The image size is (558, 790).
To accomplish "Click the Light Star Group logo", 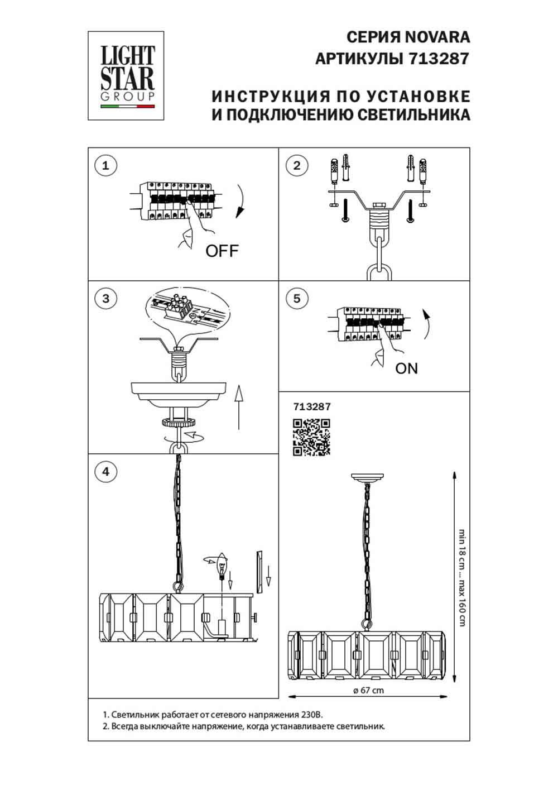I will (x=126, y=76).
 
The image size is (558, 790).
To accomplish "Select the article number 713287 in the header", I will (x=439, y=59).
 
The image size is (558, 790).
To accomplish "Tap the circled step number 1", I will (x=106, y=165).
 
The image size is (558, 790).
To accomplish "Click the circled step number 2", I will (x=296, y=165).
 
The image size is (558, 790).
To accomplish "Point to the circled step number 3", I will (x=106, y=298).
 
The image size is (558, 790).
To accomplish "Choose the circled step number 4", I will (x=106, y=472).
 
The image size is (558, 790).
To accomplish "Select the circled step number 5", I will (x=296, y=298).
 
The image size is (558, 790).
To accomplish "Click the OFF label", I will (x=222, y=251).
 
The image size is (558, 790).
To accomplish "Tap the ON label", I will (x=406, y=368).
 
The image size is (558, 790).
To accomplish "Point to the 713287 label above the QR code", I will (x=312, y=407).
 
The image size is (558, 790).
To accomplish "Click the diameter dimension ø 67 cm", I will (x=369, y=690).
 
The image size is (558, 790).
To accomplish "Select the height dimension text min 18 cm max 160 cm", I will (x=462, y=577).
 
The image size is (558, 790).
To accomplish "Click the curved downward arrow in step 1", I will (x=240, y=201).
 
